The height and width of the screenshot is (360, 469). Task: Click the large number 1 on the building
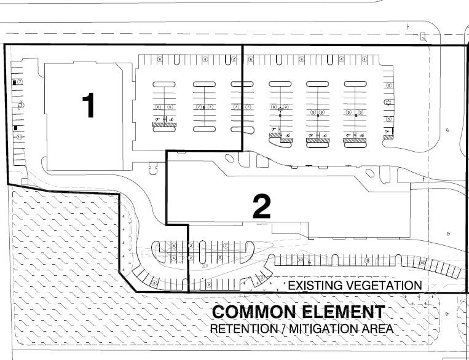[89, 105]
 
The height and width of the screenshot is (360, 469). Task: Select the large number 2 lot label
[262, 207]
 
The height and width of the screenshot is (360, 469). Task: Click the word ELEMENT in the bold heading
[343, 312]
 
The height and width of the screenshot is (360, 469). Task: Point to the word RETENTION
[237, 329]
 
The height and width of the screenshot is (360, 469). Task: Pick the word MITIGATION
[321, 329]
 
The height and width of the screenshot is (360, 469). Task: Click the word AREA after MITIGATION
[379, 329]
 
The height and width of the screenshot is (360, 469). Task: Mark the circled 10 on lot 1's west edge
[19, 136]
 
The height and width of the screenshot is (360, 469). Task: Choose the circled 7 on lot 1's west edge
[20, 81]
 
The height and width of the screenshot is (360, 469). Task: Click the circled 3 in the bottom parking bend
[262, 277]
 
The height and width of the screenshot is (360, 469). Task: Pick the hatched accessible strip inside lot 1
[164, 125]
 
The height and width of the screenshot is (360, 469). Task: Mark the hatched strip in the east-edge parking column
[388, 137]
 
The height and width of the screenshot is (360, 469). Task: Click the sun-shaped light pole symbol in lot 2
[280, 110]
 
